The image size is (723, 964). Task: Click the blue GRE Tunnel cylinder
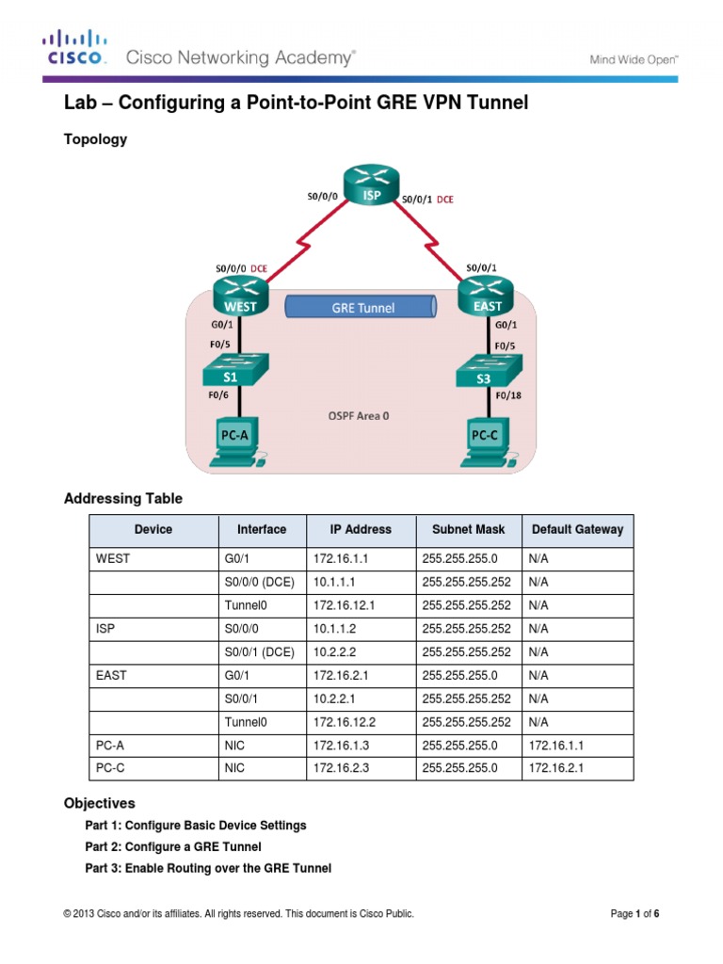[x=362, y=308]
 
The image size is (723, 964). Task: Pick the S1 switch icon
[x=235, y=369]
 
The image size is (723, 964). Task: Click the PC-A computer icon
[x=235, y=441]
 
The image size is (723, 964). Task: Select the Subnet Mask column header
[x=468, y=529]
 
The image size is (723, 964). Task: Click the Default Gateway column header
[x=577, y=529]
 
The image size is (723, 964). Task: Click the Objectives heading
[x=99, y=803]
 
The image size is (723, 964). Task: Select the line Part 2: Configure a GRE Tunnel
[x=173, y=846]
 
